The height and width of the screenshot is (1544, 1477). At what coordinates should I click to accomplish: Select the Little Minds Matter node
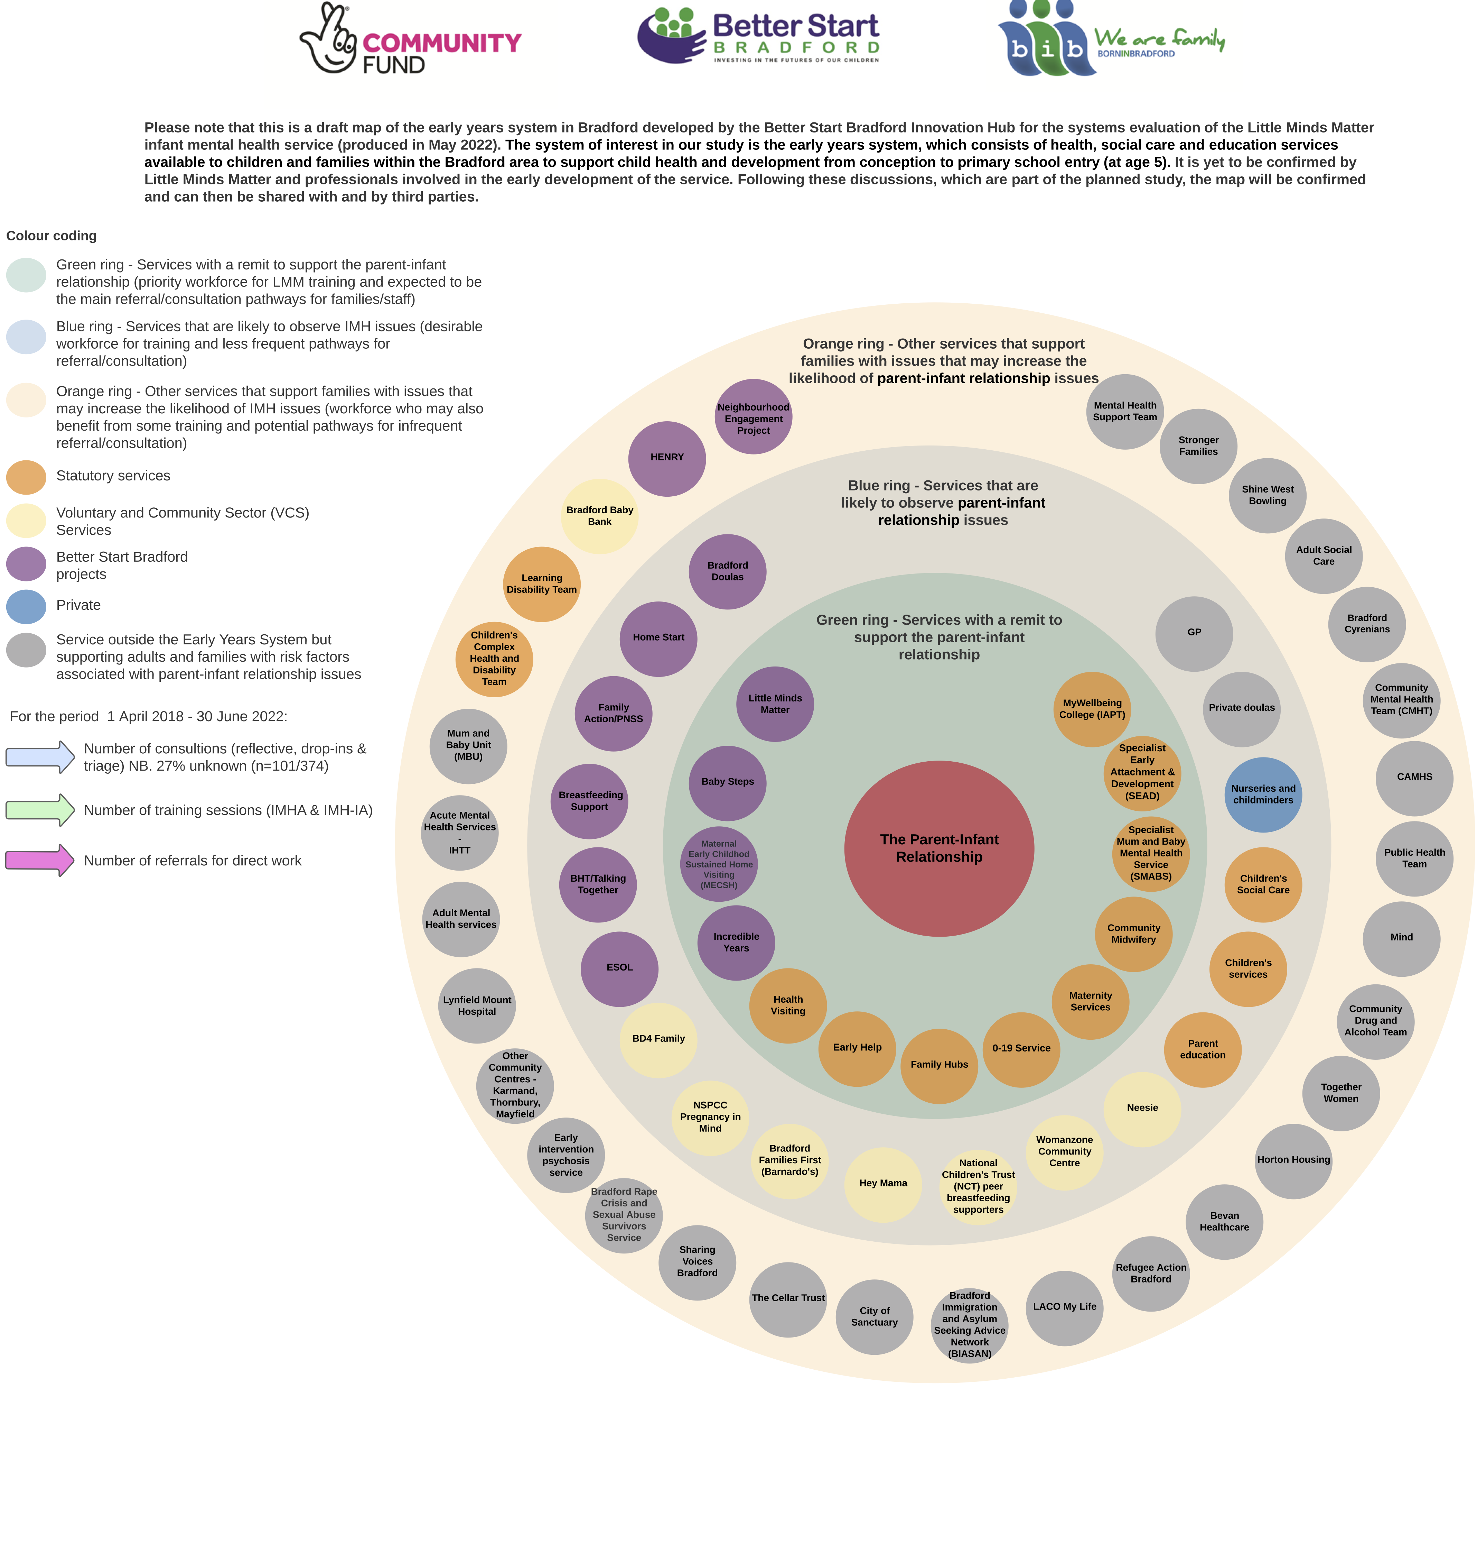pyautogui.click(x=775, y=704)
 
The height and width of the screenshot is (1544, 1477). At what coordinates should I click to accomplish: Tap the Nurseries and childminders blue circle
pyautogui.click(x=1263, y=794)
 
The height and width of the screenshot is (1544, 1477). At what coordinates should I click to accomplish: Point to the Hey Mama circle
pyautogui.click(x=882, y=1183)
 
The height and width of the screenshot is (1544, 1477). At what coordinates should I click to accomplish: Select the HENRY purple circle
pyautogui.click(x=667, y=458)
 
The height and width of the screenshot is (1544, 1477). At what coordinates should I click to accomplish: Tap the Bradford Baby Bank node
pyautogui.click(x=599, y=516)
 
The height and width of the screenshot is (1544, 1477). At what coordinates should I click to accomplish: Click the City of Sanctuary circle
pyautogui.click(x=874, y=1316)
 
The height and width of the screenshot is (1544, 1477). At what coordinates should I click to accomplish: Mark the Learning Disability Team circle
pyautogui.click(x=542, y=584)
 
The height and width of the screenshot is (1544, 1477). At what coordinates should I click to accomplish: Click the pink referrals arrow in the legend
pyautogui.click(x=39, y=860)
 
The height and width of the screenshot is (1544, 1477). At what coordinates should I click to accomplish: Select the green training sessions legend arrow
pyautogui.click(x=39, y=810)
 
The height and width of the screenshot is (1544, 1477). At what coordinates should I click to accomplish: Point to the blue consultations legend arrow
pyautogui.click(x=39, y=756)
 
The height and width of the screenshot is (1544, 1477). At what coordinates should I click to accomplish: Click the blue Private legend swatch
pyautogui.click(x=26, y=606)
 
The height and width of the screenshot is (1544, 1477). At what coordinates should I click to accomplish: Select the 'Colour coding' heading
pyautogui.click(x=51, y=236)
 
